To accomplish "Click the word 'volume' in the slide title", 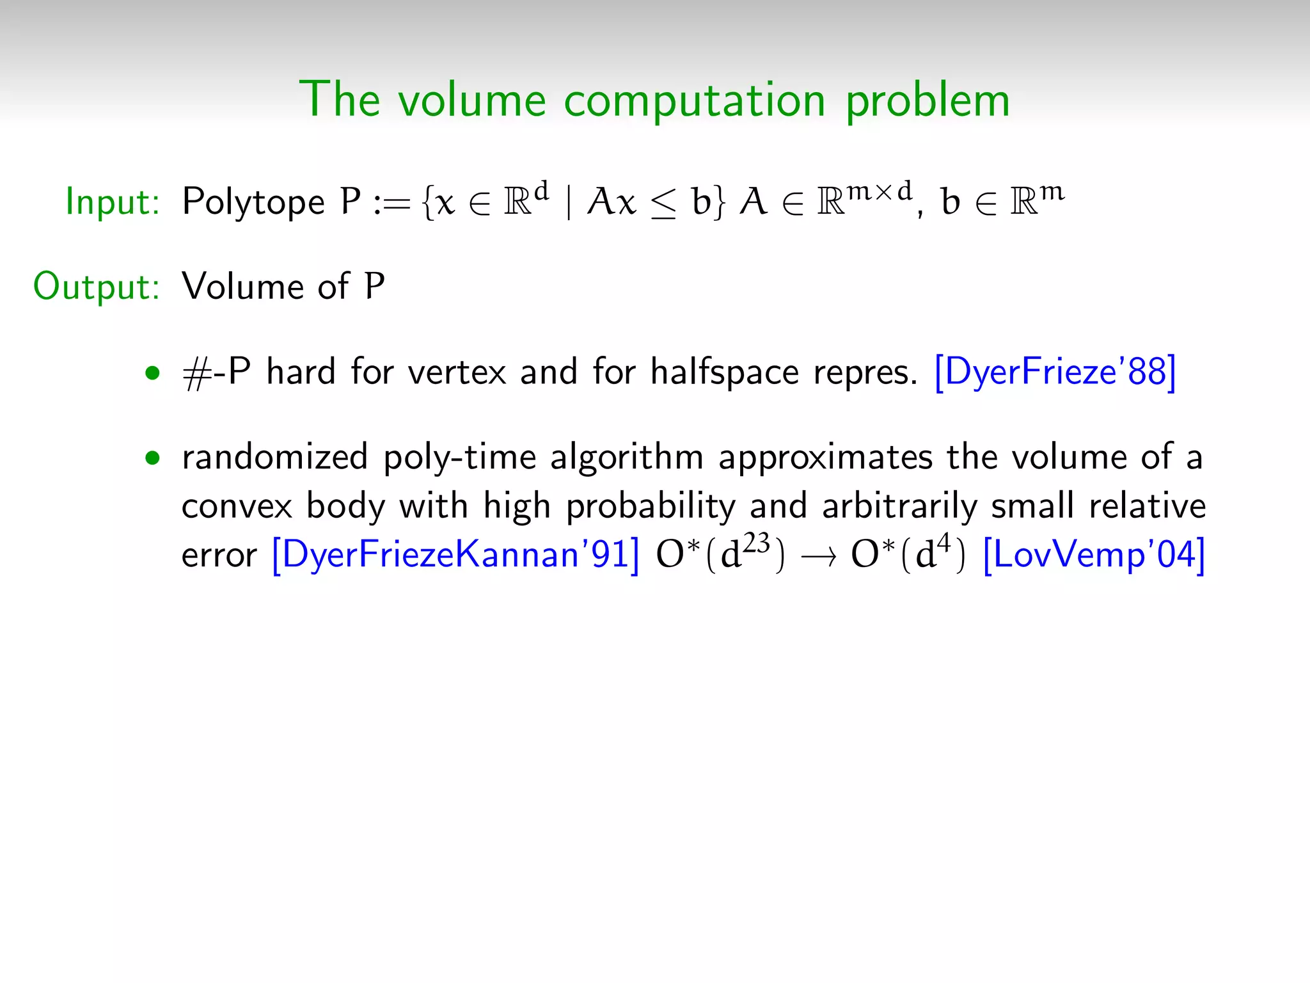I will pos(472,100).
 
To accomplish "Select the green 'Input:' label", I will pos(113,202).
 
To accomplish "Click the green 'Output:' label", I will pos(96,286).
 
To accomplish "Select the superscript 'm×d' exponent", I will pos(880,191).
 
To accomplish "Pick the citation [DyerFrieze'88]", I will pos(1055,371).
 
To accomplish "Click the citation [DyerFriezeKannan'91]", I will pos(455,554).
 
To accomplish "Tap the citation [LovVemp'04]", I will pos(1094,554).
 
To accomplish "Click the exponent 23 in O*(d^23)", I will pos(757,543).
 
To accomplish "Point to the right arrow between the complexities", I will pos(818,557).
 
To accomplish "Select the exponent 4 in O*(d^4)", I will pos(943,543).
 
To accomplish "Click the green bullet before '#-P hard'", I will pos(152,372).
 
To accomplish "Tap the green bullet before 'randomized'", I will pos(152,458).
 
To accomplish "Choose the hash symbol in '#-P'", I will pos(196,374).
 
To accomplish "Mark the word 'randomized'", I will pos(275,458).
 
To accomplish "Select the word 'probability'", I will pos(651,507).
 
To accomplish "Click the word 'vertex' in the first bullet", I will pos(457,372).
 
